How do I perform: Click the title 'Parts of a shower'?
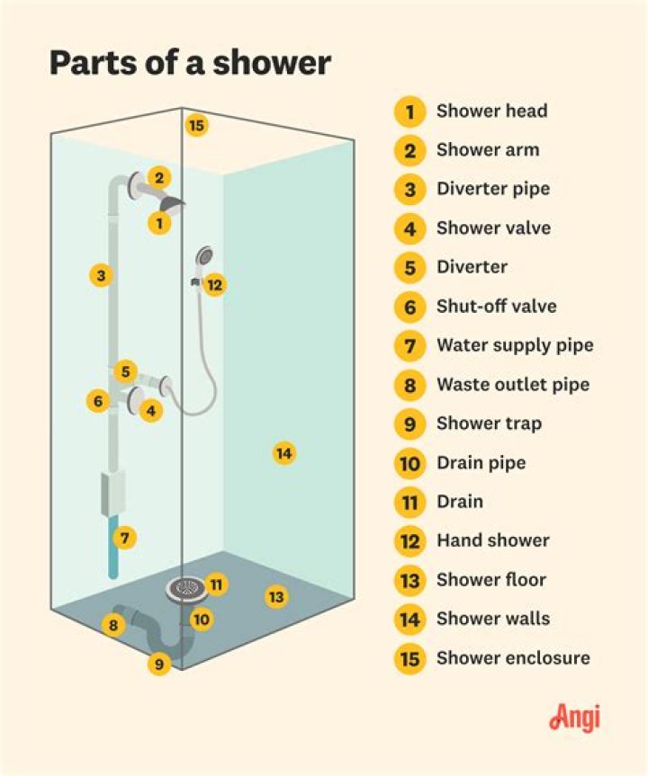190,63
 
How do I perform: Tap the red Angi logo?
573,718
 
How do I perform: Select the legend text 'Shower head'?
491,111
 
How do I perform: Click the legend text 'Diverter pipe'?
492,189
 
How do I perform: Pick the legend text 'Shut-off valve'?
496,307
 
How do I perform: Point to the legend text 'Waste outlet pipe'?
513,385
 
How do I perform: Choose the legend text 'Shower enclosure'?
513,658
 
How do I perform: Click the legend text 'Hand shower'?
492,540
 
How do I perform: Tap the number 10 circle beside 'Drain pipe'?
409,464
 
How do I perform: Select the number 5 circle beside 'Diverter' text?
409,268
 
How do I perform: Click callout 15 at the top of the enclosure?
196,125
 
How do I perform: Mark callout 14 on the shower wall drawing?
283,454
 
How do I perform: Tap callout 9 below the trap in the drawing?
159,665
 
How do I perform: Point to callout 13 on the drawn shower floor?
276,596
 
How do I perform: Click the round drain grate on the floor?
184,589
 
